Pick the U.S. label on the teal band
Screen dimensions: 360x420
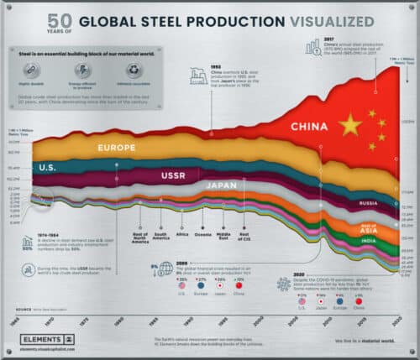click(48, 168)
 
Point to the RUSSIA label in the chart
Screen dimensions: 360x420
click(366, 203)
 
